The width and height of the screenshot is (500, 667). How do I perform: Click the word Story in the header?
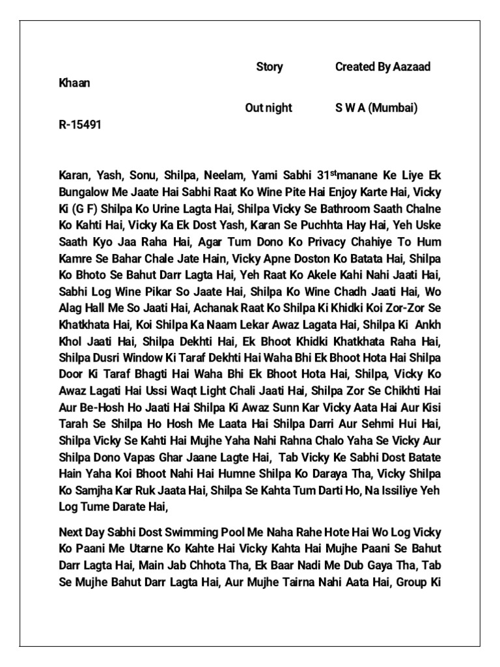click(270, 67)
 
